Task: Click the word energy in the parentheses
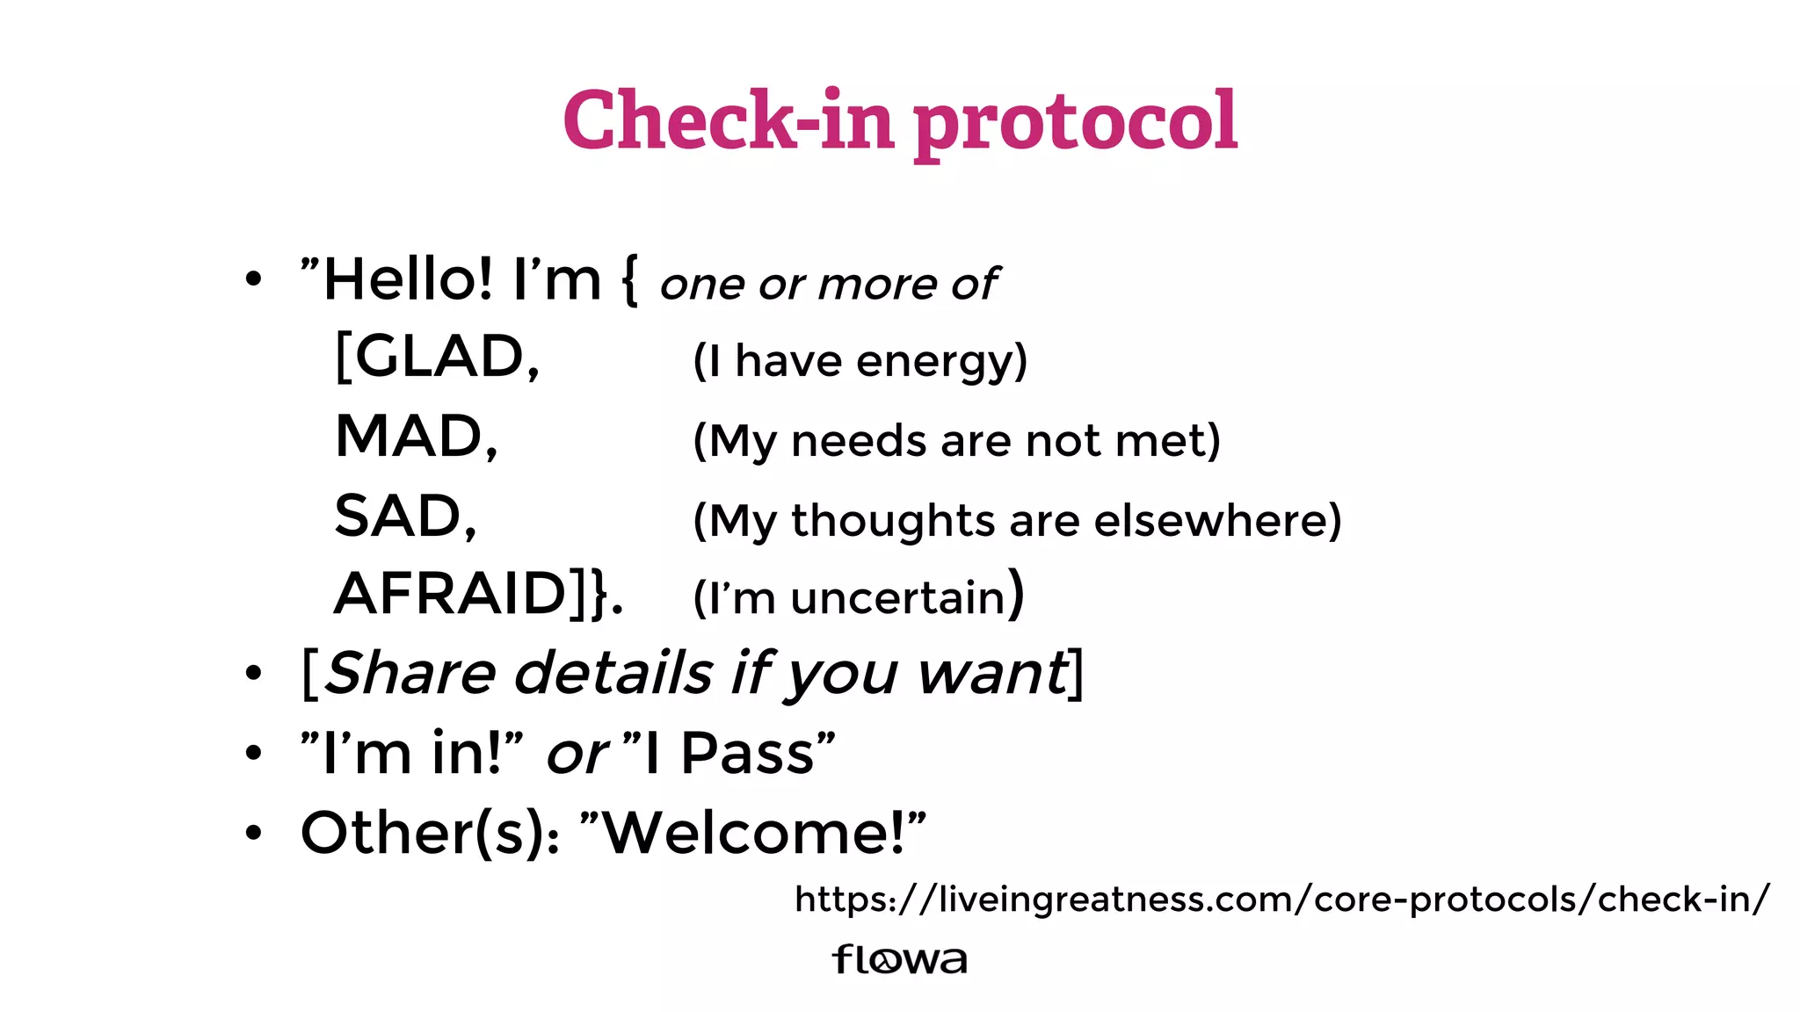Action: (x=941, y=362)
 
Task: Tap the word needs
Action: (x=857, y=440)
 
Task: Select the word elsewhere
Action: (x=1217, y=520)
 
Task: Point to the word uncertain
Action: (x=897, y=598)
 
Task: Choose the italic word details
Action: (x=613, y=674)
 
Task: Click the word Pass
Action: (x=747, y=754)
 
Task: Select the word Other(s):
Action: (x=430, y=833)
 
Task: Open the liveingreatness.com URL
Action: (x=1281, y=900)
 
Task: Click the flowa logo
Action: (x=899, y=958)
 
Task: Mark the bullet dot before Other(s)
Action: (x=254, y=833)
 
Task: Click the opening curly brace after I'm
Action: (x=629, y=281)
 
